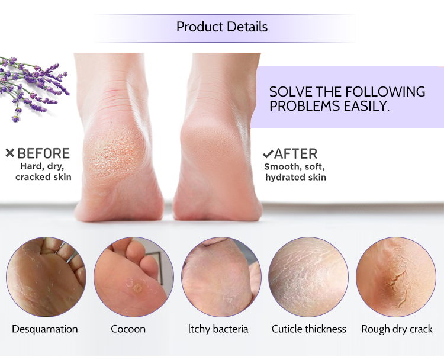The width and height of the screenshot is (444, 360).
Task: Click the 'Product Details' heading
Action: pyautogui.click(x=222, y=27)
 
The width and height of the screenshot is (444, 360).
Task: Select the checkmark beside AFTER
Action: pyautogui.click(x=268, y=154)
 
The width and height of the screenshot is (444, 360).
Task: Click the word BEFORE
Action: pyautogui.click(x=43, y=154)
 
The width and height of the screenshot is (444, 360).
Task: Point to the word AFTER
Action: pyautogui.click(x=295, y=154)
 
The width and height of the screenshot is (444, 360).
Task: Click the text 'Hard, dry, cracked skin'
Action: pyautogui.click(x=43, y=172)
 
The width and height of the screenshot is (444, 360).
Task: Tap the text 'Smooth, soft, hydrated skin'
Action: pyautogui.click(x=295, y=172)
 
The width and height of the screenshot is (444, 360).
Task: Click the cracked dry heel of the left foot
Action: pyautogui.click(x=115, y=154)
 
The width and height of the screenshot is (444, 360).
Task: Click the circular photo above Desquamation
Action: pyautogui.click(x=46, y=277)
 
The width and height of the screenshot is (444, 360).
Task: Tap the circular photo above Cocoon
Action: pyautogui.click(x=133, y=277)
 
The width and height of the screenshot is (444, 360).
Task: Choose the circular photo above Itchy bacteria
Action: pyautogui.click(x=221, y=277)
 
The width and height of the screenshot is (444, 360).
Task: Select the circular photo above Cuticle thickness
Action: pyautogui.click(x=308, y=277)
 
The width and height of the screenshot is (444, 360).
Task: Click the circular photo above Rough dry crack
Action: pyautogui.click(x=396, y=277)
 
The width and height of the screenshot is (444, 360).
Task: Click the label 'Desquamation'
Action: pyautogui.click(x=45, y=329)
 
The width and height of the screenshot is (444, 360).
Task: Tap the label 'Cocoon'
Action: pyautogui.click(x=128, y=329)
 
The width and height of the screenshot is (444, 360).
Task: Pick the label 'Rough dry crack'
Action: pyautogui.click(x=397, y=329)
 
